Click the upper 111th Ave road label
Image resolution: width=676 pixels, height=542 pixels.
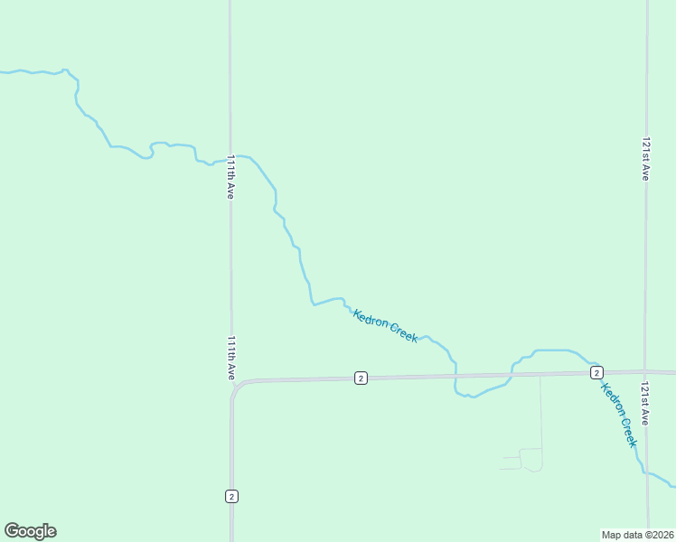tap(231, 176)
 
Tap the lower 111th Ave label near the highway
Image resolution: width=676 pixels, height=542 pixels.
tap(231, 358)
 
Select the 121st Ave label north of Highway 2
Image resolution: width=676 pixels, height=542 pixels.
tap(645, 159)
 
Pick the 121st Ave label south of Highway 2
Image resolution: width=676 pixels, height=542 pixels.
tap(645, 404)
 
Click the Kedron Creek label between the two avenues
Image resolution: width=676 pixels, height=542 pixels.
tap(386, 325)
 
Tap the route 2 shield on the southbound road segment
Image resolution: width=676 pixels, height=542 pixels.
tap(231, 496)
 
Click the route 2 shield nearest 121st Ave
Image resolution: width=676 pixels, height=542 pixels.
tap(596, 372)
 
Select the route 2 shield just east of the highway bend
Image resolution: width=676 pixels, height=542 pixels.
tap(361, 378)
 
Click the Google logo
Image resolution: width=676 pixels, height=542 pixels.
tap(30, 531)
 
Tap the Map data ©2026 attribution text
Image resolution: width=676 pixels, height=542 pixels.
tap(638, 535)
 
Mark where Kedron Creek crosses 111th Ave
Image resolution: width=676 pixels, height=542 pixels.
tap(230, 158)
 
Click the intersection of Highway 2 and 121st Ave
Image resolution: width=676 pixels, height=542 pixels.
tap(646, 371)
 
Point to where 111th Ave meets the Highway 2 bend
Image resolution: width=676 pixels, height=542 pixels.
tap(234, 386)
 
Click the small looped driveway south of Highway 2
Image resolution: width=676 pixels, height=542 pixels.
tap(531, 460)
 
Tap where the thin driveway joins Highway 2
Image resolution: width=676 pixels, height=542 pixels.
tap(540, 375)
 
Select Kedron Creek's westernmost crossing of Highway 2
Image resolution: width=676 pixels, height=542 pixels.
tap(455, 376)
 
